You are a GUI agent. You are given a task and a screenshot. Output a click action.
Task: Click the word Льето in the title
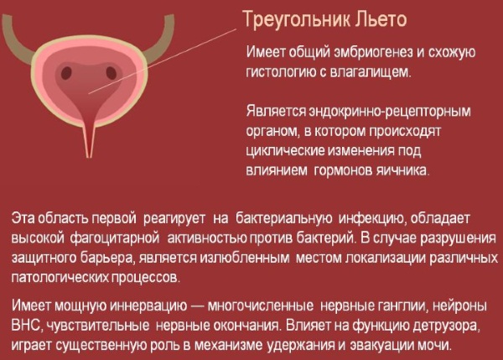(381, 19)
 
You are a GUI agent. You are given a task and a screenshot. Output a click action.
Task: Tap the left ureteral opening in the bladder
(66, 73)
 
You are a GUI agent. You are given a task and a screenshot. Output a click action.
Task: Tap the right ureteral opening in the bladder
(111, 73)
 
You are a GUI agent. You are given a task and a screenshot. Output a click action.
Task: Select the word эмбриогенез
(373, 52)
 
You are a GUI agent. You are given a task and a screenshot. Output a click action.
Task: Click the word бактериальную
(284, 218)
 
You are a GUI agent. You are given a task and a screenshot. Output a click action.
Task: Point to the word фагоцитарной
(115, 238)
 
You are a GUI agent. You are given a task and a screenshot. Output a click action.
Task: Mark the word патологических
(60, 278)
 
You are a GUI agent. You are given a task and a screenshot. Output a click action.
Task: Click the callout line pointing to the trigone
(163, 61)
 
